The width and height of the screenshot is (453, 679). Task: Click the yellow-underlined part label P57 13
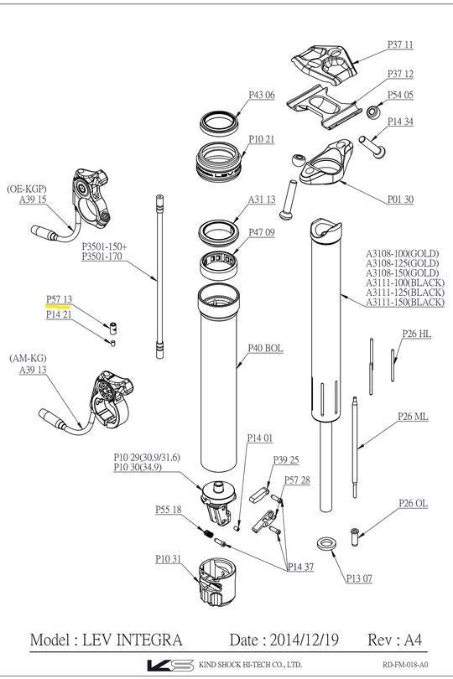pyautogui.click(x=59, y=299)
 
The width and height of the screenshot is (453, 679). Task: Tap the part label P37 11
pyautogui.click(x=400, y=44)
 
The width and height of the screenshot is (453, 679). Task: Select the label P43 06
pyautogui.click(x=261, y=96)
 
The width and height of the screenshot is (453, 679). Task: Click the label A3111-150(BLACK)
pyautogui.click(x=405, y=303)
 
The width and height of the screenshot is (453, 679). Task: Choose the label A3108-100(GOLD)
pyautogui.click(x=402, y=253)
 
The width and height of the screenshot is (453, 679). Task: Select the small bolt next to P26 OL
pyautogui.click(x=355, y=532)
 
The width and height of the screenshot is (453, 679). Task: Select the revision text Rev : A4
pyautogui.click(x=396, y=639)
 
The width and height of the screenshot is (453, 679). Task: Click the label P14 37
pyautogui.click(x=300, y=568)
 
